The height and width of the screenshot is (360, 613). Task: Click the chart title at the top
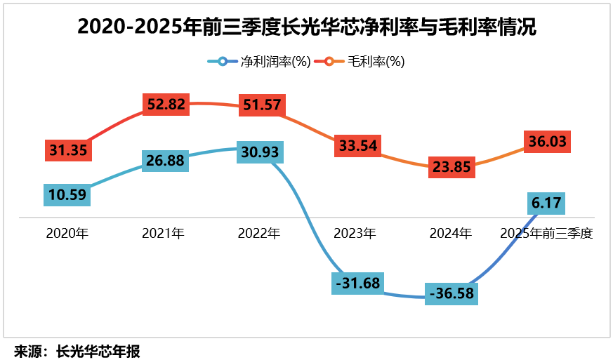coord(306,27)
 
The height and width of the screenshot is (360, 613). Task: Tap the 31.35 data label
coord(68,150)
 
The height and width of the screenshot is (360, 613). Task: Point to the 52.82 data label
coord(166,105)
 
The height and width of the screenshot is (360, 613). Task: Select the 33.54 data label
coord(357,145)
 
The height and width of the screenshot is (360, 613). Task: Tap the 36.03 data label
coord(548,141)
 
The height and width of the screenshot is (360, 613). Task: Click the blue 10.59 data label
coord(67,194)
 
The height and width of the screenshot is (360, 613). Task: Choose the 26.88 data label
coord(165,161)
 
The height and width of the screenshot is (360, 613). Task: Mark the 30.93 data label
coord(260,152)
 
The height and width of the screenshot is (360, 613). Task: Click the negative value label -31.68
coord(357,283)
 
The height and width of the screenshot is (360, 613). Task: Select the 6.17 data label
coord(547,204)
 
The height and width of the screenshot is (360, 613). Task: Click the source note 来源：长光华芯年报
coord(77,351)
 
